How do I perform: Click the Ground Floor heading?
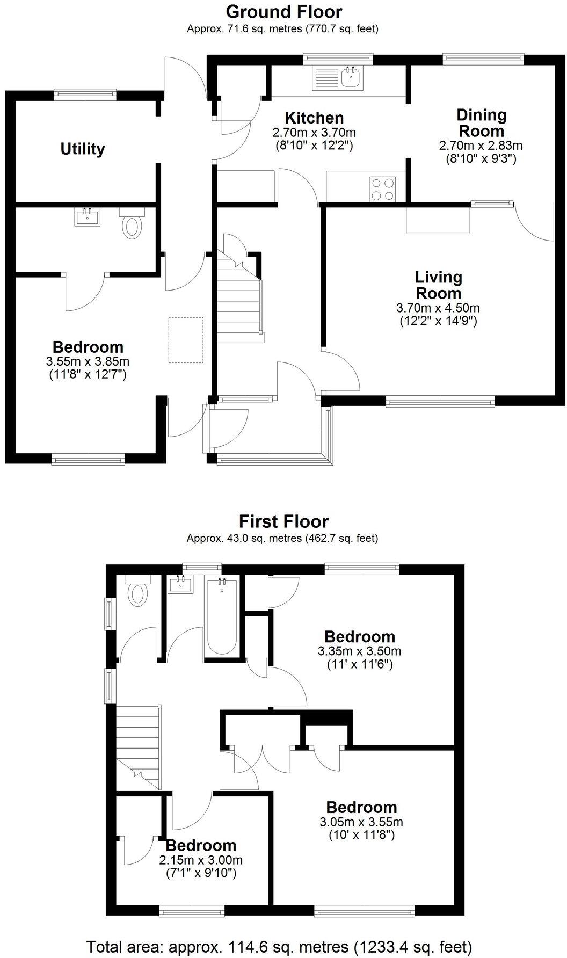point(283,11)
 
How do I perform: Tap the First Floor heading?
point(283,521)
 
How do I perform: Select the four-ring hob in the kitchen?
point(383,189)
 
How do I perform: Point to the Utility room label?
point(83,149)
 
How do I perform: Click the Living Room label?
point(438,285)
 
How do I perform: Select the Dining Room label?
point(481,123)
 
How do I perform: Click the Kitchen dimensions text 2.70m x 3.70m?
point(314,132)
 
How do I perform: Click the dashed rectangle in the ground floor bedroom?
point(186,340)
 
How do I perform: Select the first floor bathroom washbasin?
point(180,584)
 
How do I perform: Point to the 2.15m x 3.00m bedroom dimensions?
point(201,859)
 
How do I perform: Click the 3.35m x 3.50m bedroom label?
point(360,637)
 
